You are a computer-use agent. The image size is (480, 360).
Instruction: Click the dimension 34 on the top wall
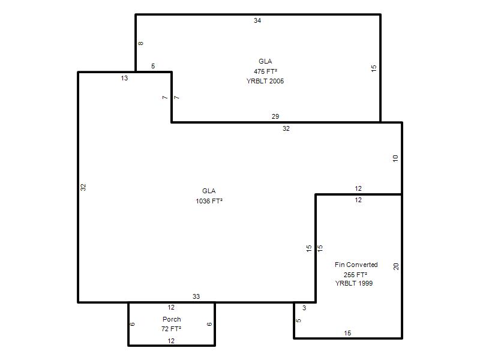[x=257, y=20]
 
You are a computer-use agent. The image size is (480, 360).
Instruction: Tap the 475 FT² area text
[x=265, y=71]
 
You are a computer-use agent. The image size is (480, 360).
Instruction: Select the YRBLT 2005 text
[x=265, y=81]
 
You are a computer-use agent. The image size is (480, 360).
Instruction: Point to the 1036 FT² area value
[x=209, y=201]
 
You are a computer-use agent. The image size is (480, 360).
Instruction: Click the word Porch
[x=172, y=319]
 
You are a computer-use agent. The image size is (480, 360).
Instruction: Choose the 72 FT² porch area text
[x=171, y=329]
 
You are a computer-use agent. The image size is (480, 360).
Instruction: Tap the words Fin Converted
[x=356, y=265]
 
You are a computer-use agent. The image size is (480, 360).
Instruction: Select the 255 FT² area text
[x=355, y=275]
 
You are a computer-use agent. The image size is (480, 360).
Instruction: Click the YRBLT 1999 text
[x=354, y=283]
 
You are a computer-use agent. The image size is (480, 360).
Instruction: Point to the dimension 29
[x=275, y=116]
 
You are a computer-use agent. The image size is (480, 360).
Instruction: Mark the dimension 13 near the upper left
[x=124, y=78]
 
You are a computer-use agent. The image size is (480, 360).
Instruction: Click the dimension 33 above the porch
[x=196, y=296]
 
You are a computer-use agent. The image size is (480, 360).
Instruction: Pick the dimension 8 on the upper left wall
[x=140, y=43]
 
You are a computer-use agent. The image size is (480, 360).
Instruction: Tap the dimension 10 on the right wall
[x=395, y=158]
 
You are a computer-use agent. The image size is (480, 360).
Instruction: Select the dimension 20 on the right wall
[x=396, y=266]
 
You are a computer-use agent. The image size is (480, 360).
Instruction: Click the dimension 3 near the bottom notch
[x=304, y=308]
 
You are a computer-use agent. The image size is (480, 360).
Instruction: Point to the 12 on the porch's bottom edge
[x=171, y=341]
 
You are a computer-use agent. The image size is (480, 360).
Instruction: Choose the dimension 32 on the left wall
[x=83, y=187]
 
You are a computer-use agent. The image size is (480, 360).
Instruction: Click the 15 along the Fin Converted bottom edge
[x=347, y=333]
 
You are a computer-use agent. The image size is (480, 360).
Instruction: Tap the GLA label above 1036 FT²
[x=209, y=191]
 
